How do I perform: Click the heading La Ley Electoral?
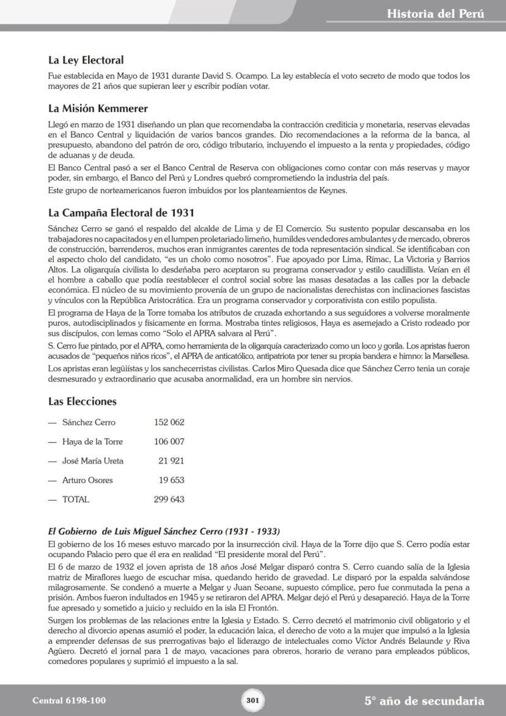[x=86, y=60]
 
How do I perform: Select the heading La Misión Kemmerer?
[x=98, y=109]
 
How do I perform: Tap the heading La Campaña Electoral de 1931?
[x=121, y=213]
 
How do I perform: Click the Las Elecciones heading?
[x=82, y=402]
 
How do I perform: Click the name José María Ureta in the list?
[x=92, y=461]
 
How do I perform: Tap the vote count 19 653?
[x=171, y=481]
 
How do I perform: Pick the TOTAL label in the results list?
[x=75, y=500]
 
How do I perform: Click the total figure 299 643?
[x=169, y=500]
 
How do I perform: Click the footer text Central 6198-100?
[x=69, y=701]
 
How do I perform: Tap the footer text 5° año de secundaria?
[x=424, y=701]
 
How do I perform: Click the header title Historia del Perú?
[x=435, y=13]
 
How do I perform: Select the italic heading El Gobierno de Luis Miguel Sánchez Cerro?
[x=164, y=531]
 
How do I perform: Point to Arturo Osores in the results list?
[x=87, y=481]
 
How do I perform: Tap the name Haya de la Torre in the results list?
[x=93, y=442]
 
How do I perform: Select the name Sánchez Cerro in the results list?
[x=89, y=423]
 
